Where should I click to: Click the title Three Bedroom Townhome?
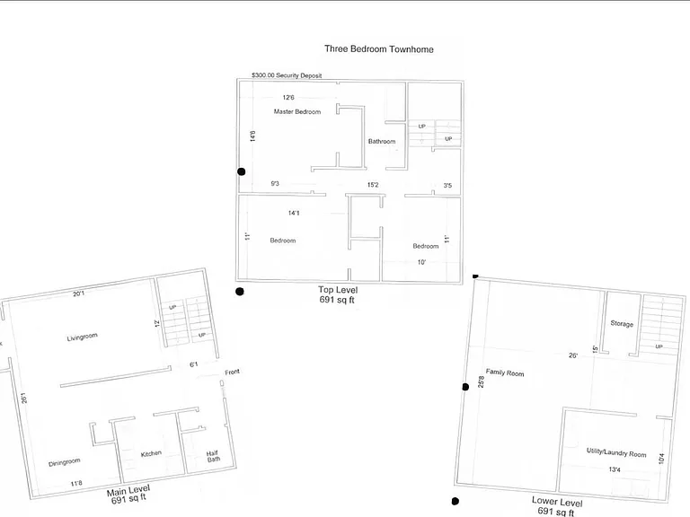click(379, 49)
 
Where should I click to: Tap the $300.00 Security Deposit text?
click(287, 75)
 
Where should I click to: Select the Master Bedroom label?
click(297, 111)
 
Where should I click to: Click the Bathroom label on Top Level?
click(382, 141)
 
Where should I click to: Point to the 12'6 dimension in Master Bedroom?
click(288, 97)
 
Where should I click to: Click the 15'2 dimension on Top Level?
click(373, 185)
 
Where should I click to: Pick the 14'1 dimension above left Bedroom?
click(294, 213)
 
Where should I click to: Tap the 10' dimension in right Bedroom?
click(421, 262)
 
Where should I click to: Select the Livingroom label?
click(83, 337)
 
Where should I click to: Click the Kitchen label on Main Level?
click(151, 453)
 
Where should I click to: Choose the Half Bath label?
click(214, 456)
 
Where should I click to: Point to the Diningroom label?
click(65, 462)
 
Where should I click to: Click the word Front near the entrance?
click(233, 372)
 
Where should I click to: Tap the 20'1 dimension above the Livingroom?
click(79, 294)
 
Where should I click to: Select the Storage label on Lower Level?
click(622, 323)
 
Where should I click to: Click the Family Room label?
click(505, 372)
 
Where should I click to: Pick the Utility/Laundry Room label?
click(616, 452)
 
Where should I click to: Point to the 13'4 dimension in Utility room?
click(615, 469)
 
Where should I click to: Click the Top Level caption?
click(338, 290)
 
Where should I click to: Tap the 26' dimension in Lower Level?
click(573, 355)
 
